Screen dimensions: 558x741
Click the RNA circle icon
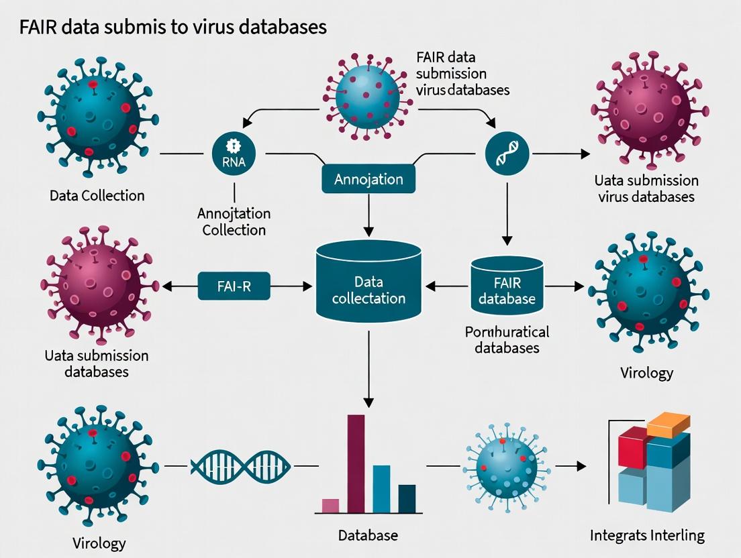point(234,154)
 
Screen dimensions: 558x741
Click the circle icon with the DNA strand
point(507,154)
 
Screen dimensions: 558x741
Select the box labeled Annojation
point(368,179)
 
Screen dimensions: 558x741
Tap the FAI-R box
point(234,286)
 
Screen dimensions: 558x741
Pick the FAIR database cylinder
point(507,285)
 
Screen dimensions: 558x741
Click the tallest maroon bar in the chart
point(356,463)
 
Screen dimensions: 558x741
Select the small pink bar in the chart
point(330,506)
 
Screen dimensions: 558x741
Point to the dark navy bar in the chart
point(407,498)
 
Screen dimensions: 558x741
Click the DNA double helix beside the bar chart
point(241,465)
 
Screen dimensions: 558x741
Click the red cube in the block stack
point(632,447)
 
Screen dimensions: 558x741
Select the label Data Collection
point(97,196)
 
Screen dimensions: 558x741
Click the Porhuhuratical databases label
point(507,339)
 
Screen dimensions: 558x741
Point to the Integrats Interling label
point(647,535)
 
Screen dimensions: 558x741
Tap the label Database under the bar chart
point(368,535)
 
